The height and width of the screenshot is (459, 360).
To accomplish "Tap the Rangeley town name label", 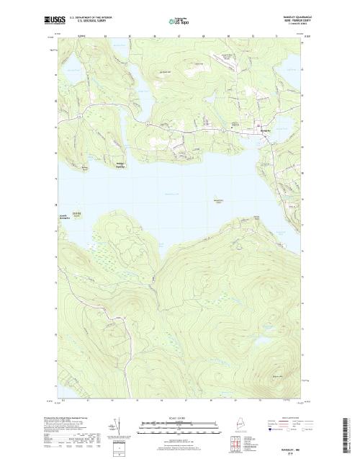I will pyautogui.click(x=264, y=130).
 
